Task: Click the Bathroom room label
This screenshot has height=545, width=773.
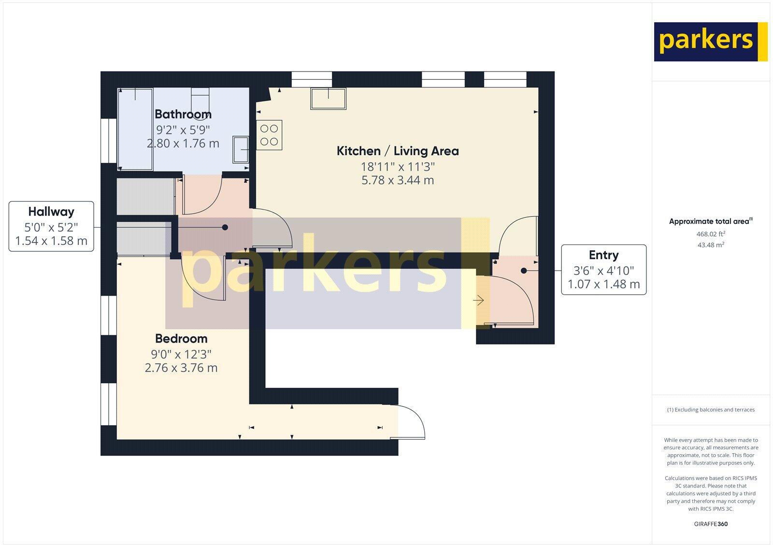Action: [x=183, y=115]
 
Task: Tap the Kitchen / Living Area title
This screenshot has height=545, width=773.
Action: [x=398, y=151]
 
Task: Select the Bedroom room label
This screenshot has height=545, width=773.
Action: [x=181, y=338]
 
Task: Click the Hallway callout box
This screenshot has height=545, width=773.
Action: [x=51, y=226]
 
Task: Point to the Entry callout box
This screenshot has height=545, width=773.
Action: [x=603, y=270]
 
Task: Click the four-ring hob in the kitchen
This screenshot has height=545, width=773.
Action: [x=269, y=135]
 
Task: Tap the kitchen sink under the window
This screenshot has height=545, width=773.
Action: [x=329, y=99]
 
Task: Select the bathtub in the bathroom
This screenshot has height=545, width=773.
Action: [x=136, y=129]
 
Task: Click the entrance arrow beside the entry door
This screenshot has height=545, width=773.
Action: [x=478, y=301]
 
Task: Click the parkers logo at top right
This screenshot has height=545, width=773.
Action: [x=710, y=42]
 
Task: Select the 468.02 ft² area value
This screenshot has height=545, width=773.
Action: [x=711, y=234]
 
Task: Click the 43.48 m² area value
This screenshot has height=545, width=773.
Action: [x=711, y=245]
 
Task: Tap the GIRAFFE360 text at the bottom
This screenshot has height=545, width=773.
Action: [x=711, y=524]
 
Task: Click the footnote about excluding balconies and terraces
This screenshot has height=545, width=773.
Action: [x=711, y=410]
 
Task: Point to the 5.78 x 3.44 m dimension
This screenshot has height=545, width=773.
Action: [x=398, y=181]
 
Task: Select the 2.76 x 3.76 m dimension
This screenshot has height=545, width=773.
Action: [x=181, y=368]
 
